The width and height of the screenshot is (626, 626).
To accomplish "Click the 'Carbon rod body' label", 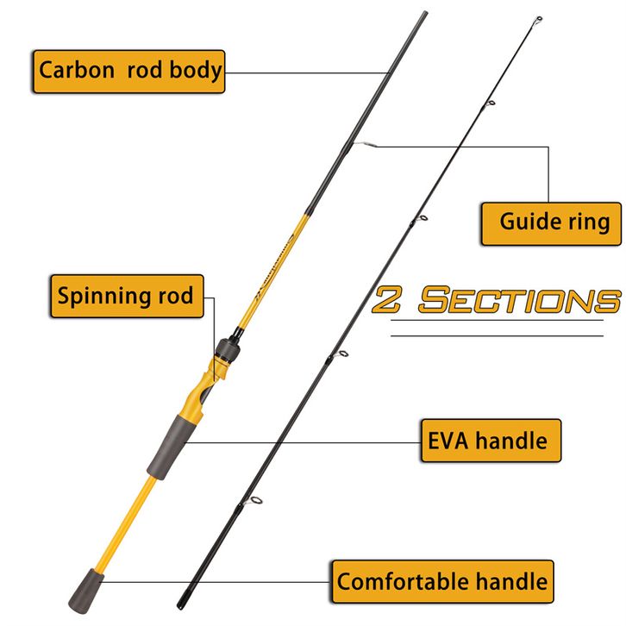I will pos(129,71).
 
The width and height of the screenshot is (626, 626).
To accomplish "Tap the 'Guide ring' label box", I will pos(550,222).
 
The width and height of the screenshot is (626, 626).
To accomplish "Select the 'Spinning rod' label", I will pos(125,296).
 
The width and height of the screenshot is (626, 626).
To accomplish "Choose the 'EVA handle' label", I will pos(489,441).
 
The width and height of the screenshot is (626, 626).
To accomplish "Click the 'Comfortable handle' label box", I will pos(442,580).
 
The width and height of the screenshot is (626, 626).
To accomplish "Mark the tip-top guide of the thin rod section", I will pos(537,19).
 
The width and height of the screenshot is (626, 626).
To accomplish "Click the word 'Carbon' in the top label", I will pos(77,71).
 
